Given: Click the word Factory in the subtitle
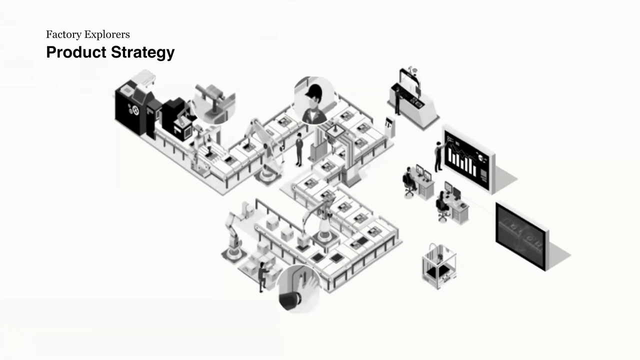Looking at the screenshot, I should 63,34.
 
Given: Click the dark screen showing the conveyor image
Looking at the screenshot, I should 521,234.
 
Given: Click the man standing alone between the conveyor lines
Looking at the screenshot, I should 299,149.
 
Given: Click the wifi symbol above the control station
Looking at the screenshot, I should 413,67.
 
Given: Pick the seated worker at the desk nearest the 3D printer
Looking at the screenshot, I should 442,204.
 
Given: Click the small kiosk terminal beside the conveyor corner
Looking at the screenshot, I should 389,127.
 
